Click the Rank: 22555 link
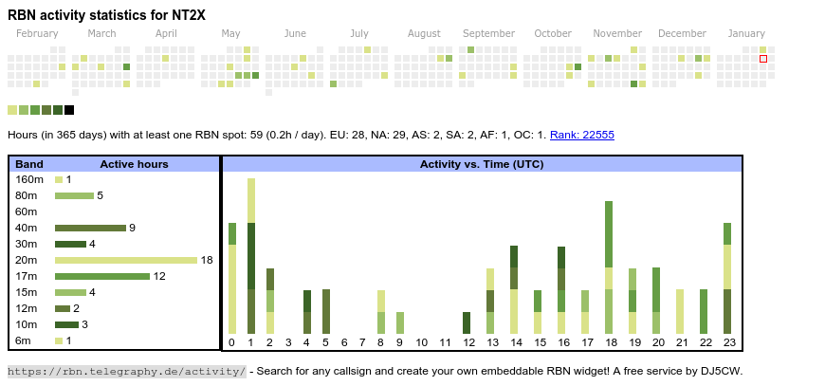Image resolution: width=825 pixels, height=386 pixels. [581, 136]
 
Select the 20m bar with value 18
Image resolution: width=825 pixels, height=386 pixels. [125, 260]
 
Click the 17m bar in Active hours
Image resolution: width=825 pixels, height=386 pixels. [102, 276]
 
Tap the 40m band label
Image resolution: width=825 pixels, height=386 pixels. [26, 228]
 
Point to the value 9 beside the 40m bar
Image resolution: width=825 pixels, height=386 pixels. [133, 228]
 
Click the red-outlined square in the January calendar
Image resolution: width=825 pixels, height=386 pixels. [763, 59]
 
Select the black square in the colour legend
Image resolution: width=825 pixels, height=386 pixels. [69, 110]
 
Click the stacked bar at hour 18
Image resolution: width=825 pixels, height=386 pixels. [609, 267]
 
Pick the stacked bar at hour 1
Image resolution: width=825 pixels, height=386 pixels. [251, 256]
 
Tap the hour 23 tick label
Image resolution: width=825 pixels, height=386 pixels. [727, 342]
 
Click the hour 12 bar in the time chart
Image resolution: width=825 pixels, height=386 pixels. [467, 322]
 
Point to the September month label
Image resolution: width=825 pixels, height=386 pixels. [488, 34]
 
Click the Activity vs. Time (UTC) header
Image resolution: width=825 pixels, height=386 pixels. [482, 164]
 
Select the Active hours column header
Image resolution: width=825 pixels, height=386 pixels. [134, 164]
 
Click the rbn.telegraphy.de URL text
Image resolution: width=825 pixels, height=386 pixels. [127, 371]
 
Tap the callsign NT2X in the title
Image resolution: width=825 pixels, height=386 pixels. [187, 14]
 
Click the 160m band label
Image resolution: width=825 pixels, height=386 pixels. [29, 179]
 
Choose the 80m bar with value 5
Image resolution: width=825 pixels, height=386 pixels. [74, 195]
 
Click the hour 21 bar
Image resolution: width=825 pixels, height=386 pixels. [680, 311]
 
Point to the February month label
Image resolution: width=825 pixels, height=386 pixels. [37, 34]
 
